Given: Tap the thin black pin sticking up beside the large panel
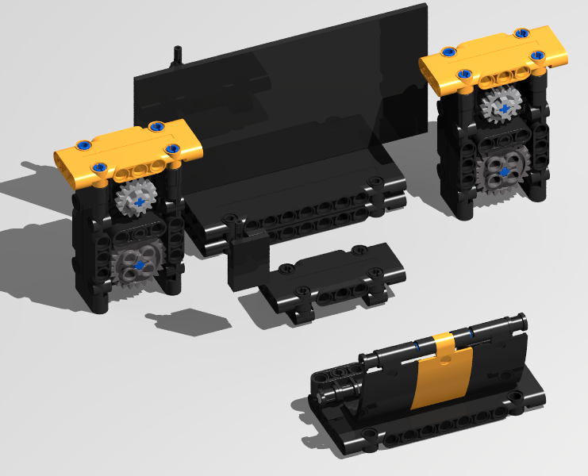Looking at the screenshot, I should tap(177, 58).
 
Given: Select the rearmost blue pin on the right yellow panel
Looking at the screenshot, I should tap(522, 33).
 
